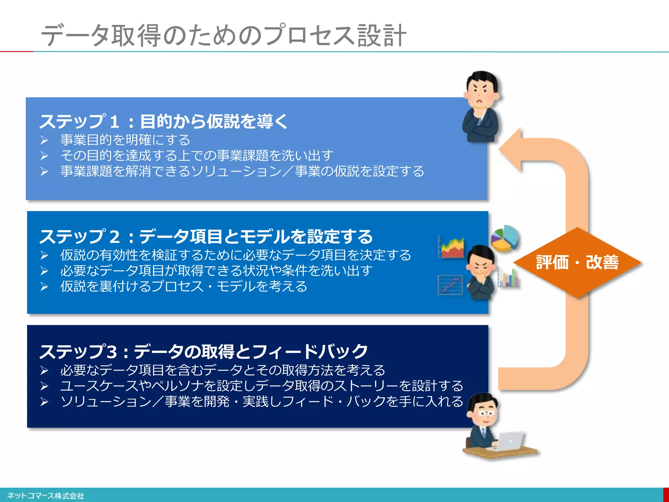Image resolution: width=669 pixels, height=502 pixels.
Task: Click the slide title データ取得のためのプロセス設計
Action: (223, 35)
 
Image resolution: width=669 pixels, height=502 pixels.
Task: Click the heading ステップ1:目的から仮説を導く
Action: (163, 122)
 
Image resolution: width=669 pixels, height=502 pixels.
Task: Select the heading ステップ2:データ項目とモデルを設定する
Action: (206, 237)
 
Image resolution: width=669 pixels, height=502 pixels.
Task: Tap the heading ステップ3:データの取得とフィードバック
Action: (203, 352)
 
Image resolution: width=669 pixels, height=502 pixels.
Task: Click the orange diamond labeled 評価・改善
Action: (577, 262)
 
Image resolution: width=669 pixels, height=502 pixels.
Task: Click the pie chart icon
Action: (505, 239)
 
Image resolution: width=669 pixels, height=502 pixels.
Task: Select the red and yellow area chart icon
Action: (451, 247)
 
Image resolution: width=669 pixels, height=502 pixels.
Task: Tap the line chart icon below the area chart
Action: (450, 285)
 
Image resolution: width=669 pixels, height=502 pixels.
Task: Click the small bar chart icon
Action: (509, 278)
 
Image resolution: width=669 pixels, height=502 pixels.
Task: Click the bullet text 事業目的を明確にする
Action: (125, 140)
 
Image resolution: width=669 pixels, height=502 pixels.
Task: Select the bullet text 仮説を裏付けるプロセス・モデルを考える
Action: (184, 287)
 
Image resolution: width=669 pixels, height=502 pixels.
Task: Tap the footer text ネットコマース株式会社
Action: (45, 496)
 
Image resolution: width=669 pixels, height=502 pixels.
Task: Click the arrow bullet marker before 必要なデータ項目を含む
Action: (44, 371)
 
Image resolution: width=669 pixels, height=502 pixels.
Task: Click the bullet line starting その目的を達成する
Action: (197, 156)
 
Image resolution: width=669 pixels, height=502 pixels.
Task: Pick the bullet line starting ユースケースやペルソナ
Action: (261, 386)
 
